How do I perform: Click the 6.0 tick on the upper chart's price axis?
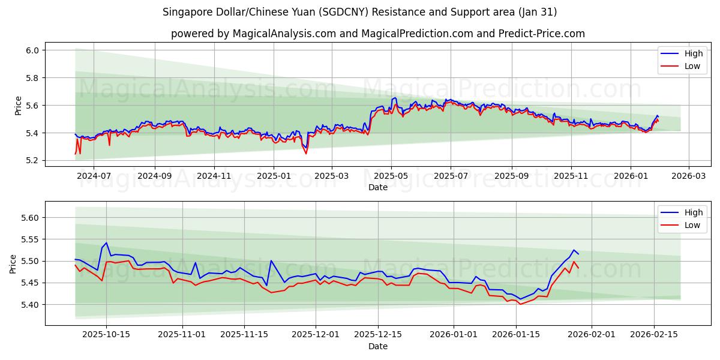pos(32,50)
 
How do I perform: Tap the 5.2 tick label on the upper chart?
pos(32,160)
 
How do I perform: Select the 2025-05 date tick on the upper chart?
pos(391,176)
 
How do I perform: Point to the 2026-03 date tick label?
pos(688,176)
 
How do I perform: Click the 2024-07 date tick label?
pos(94,176)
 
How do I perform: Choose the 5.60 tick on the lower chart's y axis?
pos(29,218)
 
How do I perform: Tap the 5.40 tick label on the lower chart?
pos(29,305)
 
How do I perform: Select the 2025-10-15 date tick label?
pos(106,334)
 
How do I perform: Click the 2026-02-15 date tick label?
pos(653,334)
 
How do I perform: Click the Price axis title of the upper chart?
pos(18,106)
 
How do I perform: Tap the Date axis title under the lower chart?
pos(378,346)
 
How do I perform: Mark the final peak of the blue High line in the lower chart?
pos(574,250)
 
